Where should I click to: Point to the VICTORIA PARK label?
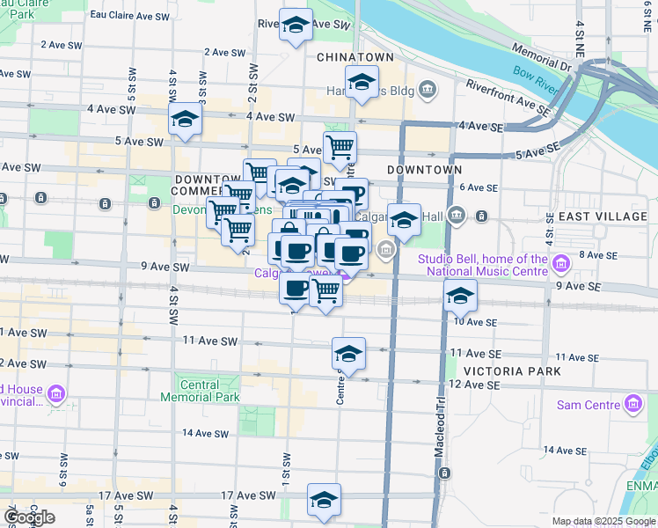(499, 371)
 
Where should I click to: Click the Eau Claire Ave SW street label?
(130, 17)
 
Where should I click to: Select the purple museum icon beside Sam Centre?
(632, 405)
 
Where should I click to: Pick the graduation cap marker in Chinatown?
(361, 82)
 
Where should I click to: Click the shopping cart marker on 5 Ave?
(340, 146)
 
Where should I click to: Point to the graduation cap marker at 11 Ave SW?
(348, 353)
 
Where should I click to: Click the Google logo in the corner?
(30, 517)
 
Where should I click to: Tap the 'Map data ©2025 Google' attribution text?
(603, 521)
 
